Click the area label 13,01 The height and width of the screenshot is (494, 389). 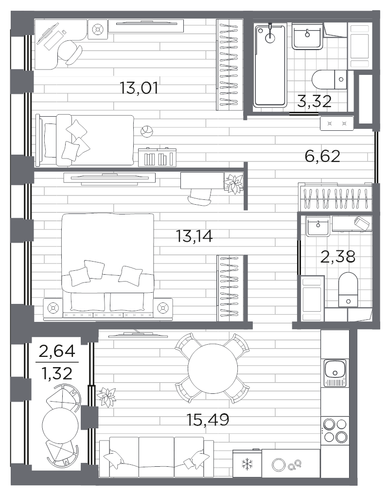(139, 88)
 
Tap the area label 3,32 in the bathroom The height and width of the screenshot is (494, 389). (315, 102)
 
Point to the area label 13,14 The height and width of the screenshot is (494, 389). (195, 236)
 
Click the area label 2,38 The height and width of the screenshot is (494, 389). (337, 256)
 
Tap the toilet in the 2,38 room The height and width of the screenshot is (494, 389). (348, 289)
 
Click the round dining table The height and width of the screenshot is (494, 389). (212, 368)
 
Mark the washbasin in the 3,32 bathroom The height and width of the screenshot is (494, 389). (306, 36)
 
